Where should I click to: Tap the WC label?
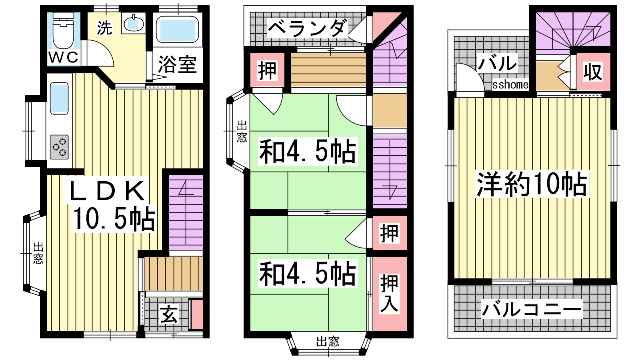coord(64,57)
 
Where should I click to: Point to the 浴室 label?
coord(178,64)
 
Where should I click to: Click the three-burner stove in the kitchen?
coord(60,147)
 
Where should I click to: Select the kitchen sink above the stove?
coord(60,98)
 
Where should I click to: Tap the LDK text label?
coord(107,190)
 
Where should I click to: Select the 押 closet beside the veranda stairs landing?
coord(267,70)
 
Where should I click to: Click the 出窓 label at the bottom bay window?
coord(328,341)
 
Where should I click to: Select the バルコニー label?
coord(532,308)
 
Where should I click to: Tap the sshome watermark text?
coord(510,84)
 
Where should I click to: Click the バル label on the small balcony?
coord(498,63)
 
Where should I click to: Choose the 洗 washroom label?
coord(104,28)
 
